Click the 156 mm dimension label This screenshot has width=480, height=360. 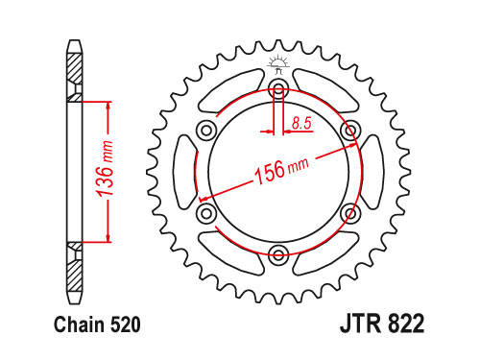pos(281,172)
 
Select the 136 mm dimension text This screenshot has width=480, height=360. pos(105,168)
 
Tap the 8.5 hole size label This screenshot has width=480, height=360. pos(301,124)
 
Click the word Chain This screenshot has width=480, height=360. pos(79,324)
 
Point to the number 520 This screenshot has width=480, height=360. pos(126,324)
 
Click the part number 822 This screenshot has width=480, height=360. pos(406,324)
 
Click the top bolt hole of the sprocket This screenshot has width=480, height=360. pos(278,89)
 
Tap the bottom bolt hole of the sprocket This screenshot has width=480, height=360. pos(278,255)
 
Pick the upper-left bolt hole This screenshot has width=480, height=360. pos(206,131)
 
